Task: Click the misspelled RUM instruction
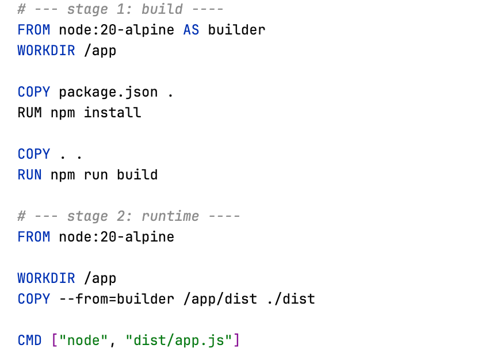pos(29,113)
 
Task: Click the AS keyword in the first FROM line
pos(191,30)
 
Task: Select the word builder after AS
pos(236,30)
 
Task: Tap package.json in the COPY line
pos(108,93)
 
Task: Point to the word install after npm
pos(113,113)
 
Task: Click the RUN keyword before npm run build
pos(29,175)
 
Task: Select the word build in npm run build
pos(137,175)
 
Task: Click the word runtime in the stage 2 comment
pos(170,216)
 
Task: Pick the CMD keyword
pos(29,340)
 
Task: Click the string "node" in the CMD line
pos(83,340)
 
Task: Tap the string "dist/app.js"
pos(179,340)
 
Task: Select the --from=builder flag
pos(117,299)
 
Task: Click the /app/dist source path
pos(220,299)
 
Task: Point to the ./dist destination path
pos(291,299)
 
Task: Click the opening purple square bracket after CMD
pos(55,340)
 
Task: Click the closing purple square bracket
pos(236,340)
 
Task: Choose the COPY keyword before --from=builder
pos(34,299)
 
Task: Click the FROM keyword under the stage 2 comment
pos(34,237)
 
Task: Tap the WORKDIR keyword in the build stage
pos(46,51)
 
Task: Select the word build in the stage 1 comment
pos(162,9)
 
